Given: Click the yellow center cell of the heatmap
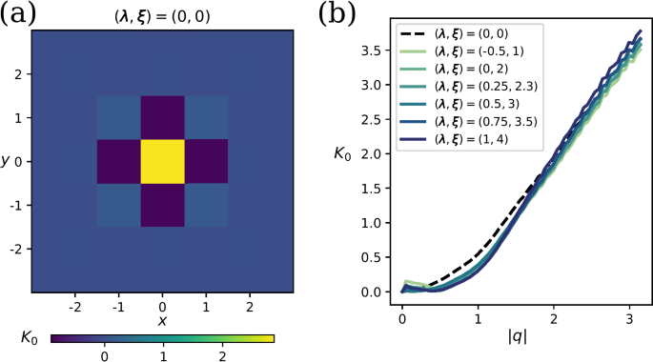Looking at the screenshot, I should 162,161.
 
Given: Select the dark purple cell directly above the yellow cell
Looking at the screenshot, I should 162,117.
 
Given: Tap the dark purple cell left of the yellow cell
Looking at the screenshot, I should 118,161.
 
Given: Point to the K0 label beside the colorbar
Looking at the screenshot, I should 30,337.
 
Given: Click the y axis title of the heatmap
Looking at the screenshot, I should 7,161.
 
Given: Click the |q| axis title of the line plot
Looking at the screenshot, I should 517,334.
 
